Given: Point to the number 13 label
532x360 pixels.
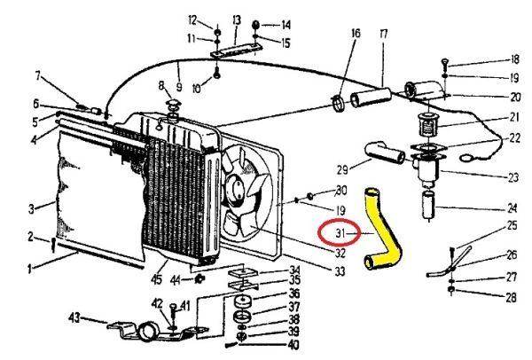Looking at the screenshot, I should coord(236,20).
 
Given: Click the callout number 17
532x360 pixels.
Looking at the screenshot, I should coord(383,34).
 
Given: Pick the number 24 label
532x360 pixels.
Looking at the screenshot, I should coord(512,209).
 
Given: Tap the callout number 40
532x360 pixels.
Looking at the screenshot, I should coord(293,344).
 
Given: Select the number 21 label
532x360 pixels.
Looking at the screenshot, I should coord(512,116).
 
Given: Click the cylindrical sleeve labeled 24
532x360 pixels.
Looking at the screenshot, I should coord(428,202).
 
